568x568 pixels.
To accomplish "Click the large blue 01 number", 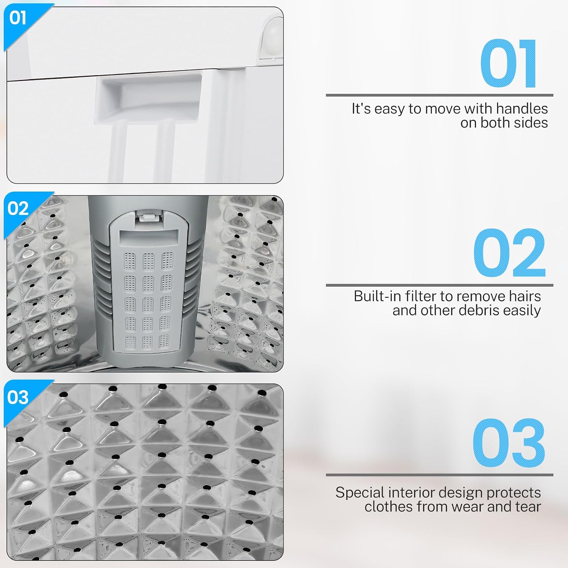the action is (x=508, y=64).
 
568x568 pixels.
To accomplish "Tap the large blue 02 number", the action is (x=509, y=253).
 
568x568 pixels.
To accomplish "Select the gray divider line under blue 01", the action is (x=440, y=95).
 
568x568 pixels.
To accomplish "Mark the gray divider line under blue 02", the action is (x=440, y=285).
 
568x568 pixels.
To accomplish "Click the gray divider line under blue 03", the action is (x=440, y=474).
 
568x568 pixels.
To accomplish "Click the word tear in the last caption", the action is (x=528, y=507).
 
